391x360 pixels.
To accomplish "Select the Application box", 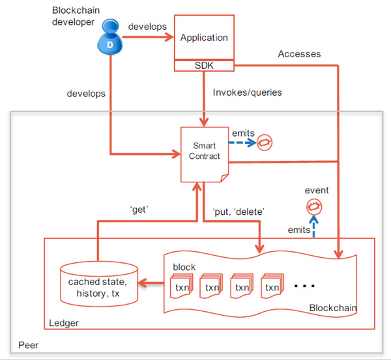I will pyautogui.click(x=204, y=38).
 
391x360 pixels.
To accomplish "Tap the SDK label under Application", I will pyautogui.click(x=204, y=66).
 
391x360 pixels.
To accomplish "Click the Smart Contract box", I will pyautogui.click(x=203, y=152).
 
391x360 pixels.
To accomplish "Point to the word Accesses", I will pyautogui.click(x=299, y=54).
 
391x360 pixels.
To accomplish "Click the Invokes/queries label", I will pyautogui.click(x=247, y=92).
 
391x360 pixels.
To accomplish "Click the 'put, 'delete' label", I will pyautogui.click(x=239, y=211).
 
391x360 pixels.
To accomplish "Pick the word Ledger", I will pyautogui.click(x=64, y=323).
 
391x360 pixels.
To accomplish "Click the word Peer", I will pyautogui.click(x=29, y=344).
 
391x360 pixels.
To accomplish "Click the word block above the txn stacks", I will pyautogui.click(x=184, y=268).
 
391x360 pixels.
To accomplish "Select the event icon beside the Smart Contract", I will pyautogui.click(x=263, y=141).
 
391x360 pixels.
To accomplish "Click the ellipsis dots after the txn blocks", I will pyautogui.click(x=304, y=285).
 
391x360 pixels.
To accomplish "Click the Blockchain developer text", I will pyautogui.click(x=78, y=16).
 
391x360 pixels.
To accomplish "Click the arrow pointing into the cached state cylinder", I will pyautogui.click(x=152, y=284).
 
